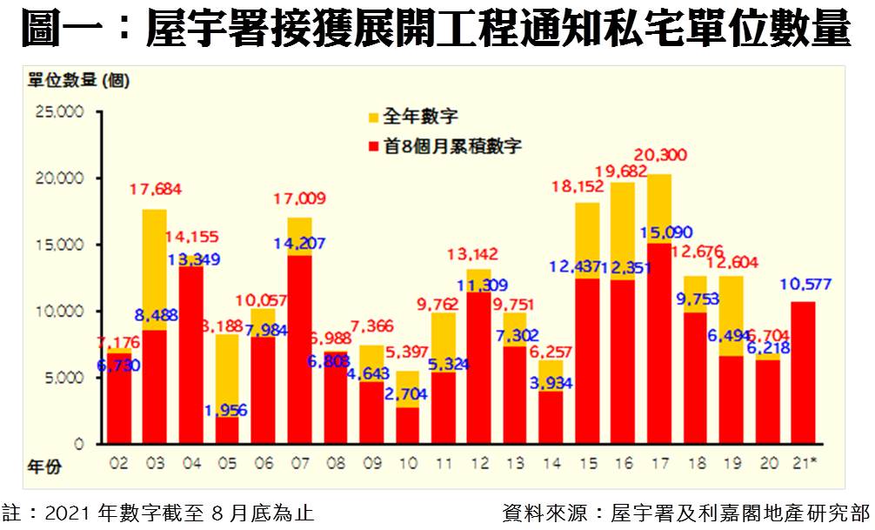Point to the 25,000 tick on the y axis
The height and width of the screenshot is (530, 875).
(57, 111)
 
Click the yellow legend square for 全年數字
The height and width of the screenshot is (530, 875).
(373, 117)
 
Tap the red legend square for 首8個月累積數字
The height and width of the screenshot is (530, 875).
(373, 147)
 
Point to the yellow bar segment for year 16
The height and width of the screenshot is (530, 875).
(622, 231)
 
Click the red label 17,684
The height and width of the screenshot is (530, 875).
(155, 188)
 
